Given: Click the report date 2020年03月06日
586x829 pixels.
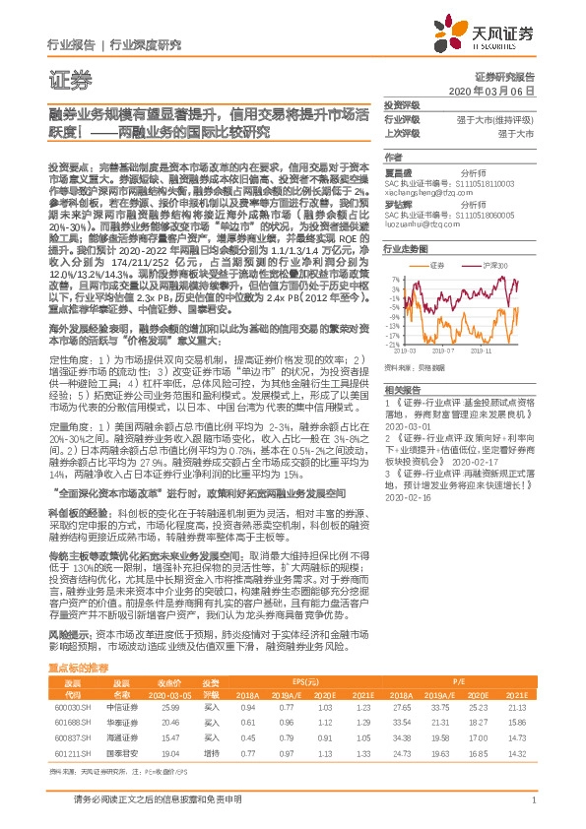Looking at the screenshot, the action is [x=503, y=91].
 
